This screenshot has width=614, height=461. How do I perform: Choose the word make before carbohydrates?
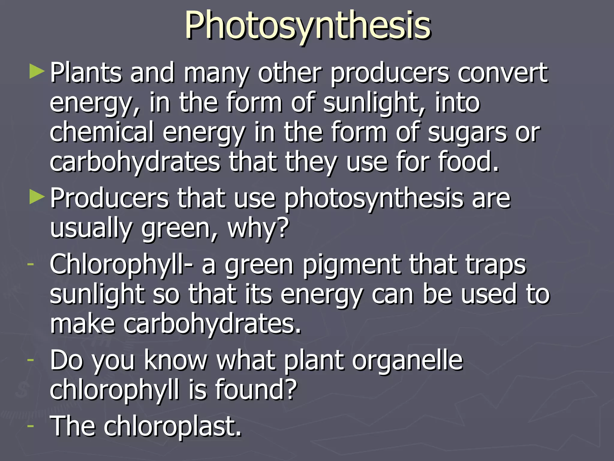[82, 324]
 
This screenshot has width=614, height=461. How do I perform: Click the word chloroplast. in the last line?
[173, 426]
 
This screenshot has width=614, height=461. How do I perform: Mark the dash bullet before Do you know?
[30, 359]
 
